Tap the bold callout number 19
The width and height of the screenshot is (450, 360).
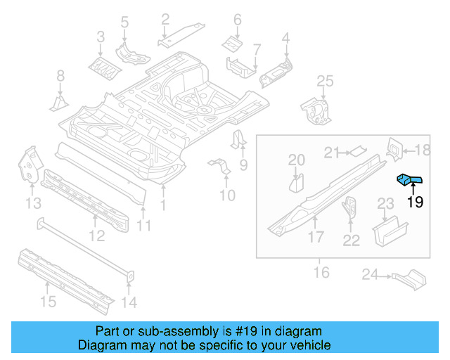[415, 202]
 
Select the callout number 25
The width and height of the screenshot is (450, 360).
[323, 82]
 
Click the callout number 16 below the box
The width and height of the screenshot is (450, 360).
[321, 271]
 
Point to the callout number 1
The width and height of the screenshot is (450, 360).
[163, 205]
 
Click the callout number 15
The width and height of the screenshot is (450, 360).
[47, 302]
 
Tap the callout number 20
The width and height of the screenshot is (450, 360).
[297, 160]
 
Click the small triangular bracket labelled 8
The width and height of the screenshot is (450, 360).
[58, 103]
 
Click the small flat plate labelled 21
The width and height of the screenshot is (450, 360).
[358, 149]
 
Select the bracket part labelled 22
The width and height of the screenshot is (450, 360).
[349, 209]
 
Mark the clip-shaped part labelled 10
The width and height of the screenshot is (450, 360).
[220, 169]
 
